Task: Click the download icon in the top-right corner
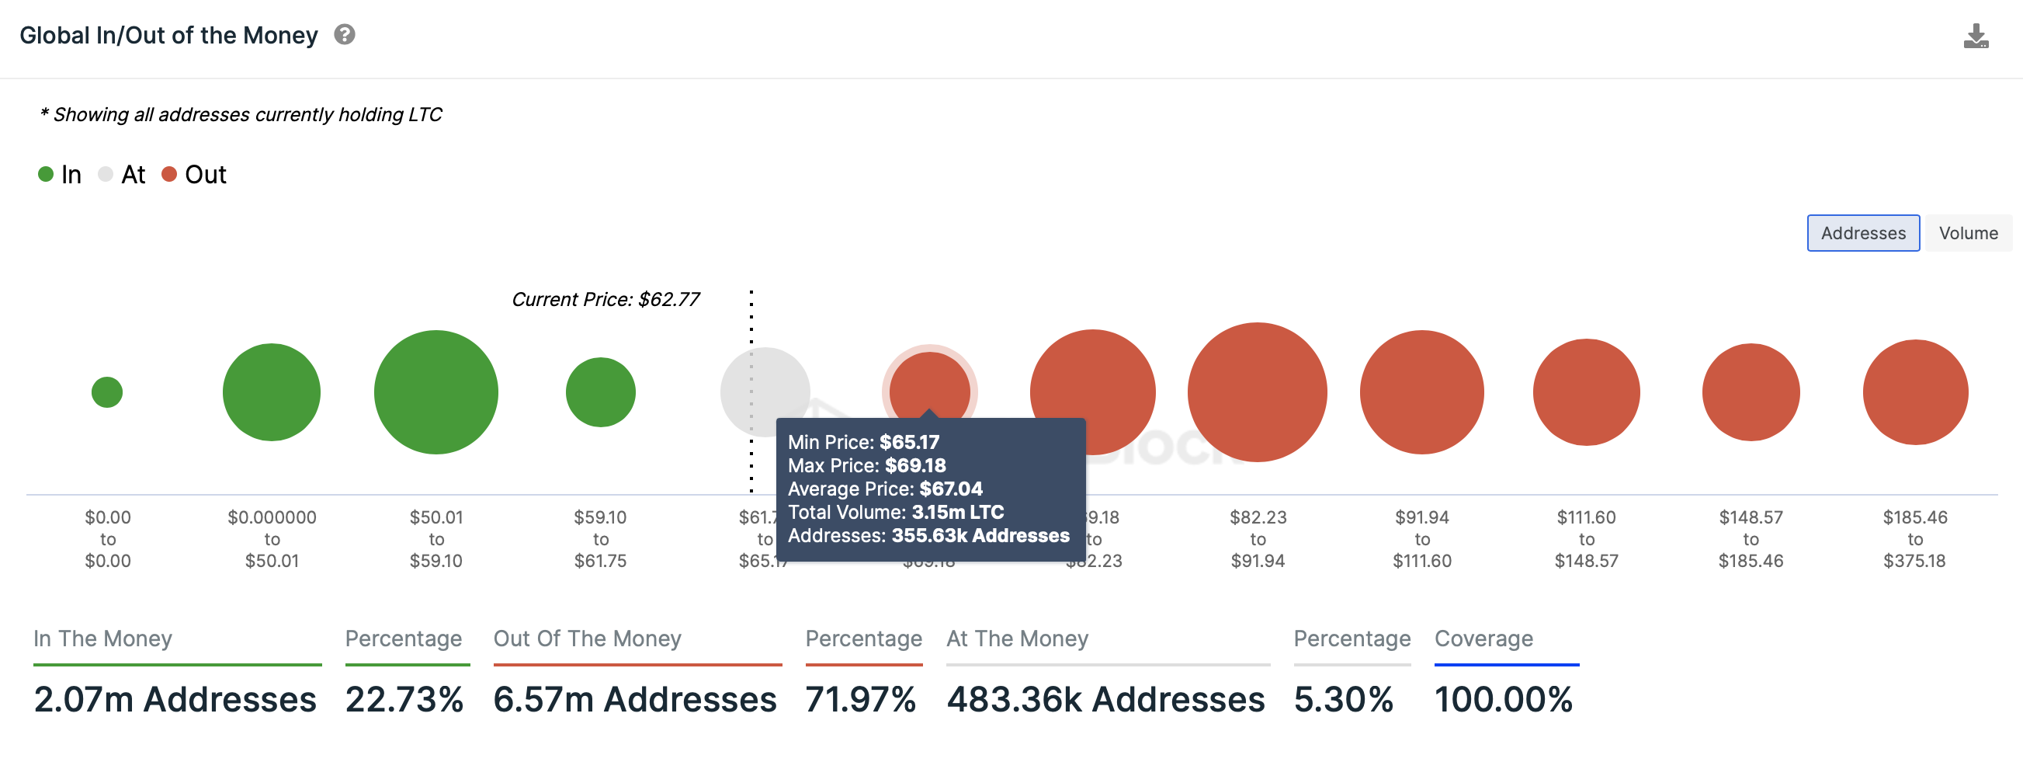(x=1975, y=37)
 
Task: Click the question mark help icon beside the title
(x=344, y=34)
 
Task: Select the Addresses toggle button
(x=1862, y=233)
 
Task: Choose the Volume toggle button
(x=1967, y=233)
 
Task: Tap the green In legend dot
(x=46, y=173)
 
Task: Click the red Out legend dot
(x=169, y=173)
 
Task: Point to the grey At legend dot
(x=106, y=173)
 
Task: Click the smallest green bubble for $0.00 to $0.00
(x=107, y=392)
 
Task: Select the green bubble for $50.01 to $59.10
(x=435, y=392)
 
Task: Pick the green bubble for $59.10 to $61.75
(x=600, y=392)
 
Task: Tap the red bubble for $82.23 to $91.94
(x=1257, y=392)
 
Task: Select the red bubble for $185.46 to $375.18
(x=1914, y=392)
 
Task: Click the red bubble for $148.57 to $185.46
(x=1751, y=392)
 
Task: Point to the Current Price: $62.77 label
(x=605, y=299)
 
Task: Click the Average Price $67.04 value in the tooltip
(x=950, y=489)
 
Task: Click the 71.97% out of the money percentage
(x=860, y=699)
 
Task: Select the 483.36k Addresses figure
(x=1105, y=699)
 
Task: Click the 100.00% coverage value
(x=1502, y=699)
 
